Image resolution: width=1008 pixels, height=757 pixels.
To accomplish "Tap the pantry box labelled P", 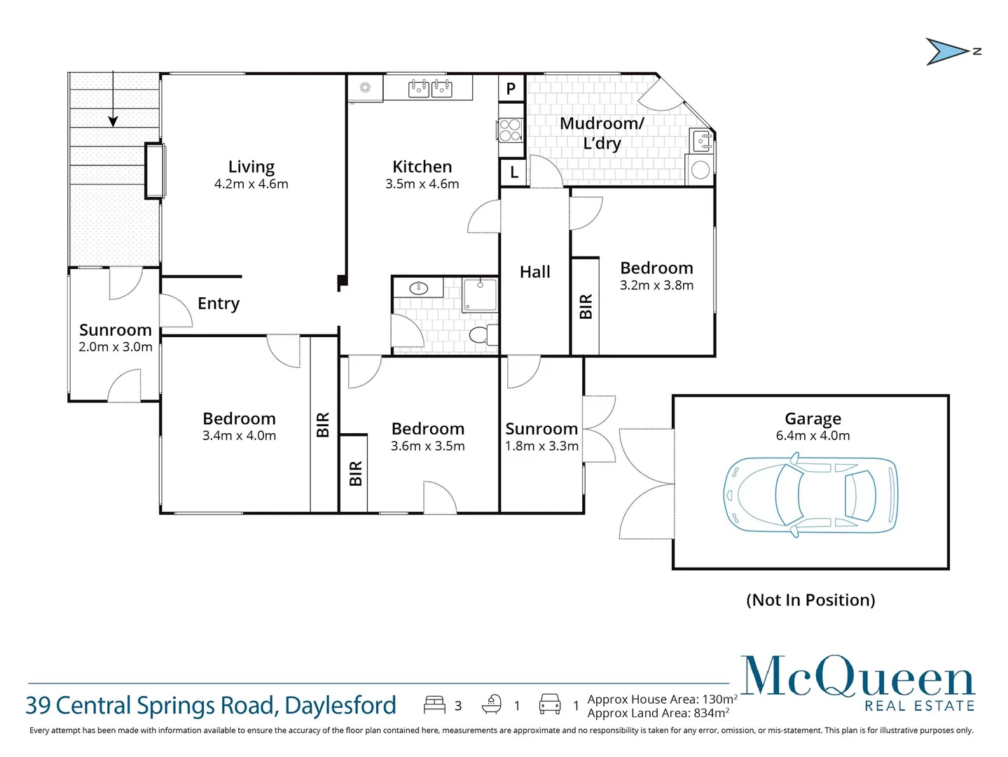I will pos(511,88).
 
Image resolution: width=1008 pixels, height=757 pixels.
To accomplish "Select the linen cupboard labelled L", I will pos(514,172).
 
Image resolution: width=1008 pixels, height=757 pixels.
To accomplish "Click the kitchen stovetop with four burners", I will pos(511,130).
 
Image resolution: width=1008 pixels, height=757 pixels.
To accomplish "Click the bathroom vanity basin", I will pos(419,287).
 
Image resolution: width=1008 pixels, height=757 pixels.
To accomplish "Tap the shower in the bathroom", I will pos(480,294).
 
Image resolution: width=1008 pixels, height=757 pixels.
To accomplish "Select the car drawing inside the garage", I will pos(810,496).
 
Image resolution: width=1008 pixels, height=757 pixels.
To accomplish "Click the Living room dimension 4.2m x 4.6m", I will pos(251,184).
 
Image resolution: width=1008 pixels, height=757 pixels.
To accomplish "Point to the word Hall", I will pos(534,272).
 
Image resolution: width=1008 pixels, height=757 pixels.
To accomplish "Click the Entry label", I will pos(219,304).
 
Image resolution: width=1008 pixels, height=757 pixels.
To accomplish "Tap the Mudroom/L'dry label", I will pos(602,133).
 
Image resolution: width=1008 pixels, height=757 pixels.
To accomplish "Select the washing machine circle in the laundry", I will pos(700,170).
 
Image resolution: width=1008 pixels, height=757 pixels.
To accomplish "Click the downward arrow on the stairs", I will pos(113,119).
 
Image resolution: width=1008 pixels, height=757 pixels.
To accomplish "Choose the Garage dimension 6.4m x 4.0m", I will pos(813,436).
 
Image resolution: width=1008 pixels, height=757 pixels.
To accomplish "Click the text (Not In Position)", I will pos(810,600).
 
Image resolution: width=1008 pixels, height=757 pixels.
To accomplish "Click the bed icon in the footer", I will pos(434,704).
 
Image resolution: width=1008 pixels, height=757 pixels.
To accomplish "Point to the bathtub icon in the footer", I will pos(492,704).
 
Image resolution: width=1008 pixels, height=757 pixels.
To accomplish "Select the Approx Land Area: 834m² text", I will pos(658,714).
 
